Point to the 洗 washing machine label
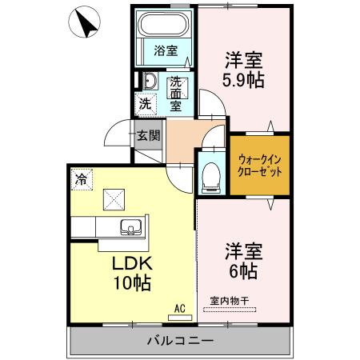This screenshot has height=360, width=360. point(145,103)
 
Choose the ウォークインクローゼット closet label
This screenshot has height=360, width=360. point(260,164)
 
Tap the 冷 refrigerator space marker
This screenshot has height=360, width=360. point(81,178)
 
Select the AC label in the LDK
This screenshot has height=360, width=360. point(179,306)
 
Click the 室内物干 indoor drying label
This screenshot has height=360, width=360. point(230,301)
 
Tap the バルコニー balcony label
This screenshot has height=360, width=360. point(179,341)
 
